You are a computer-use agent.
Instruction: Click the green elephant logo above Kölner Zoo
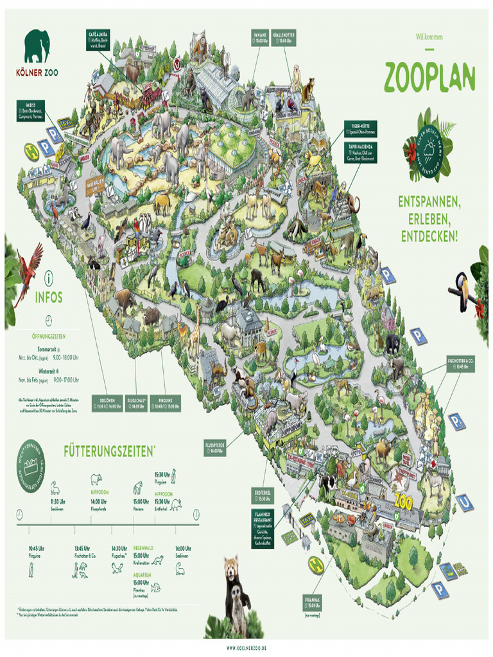(37, 47)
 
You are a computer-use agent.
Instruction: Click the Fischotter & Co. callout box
(461, 363)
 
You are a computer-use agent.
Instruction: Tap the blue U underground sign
(465, 502)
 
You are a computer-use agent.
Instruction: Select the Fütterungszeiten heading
(108, 452)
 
